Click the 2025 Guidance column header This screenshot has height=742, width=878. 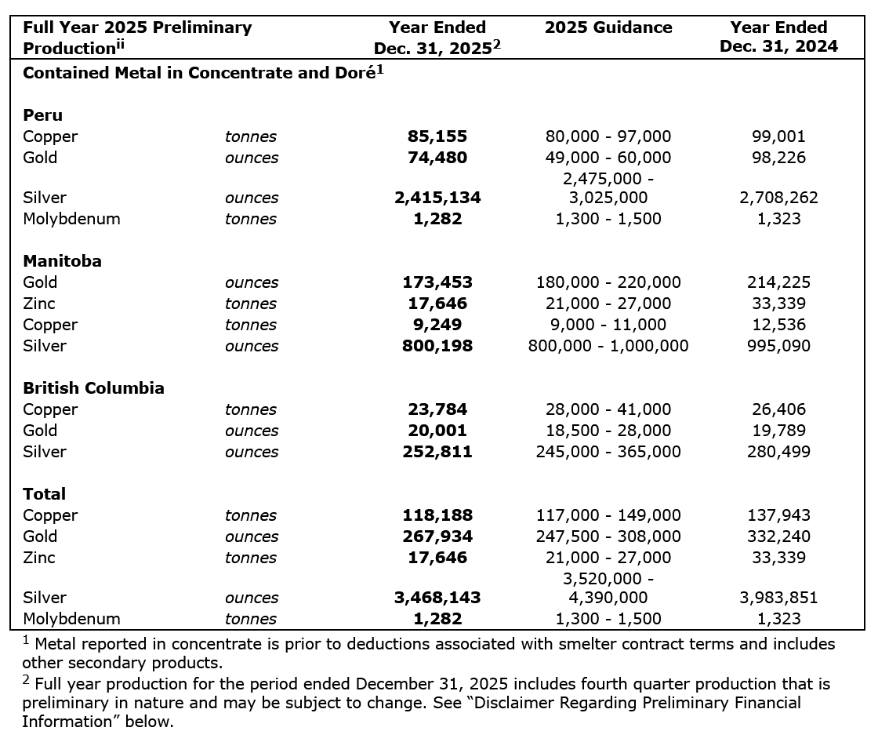coord(608,27)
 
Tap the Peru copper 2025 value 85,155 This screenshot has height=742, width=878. coord(437,136)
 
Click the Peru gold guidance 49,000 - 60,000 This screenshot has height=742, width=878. coord(608,158)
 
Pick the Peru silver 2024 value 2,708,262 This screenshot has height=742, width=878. coord(778,198)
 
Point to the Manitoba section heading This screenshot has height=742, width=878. coord(62,261)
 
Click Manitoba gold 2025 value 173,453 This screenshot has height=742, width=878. coord(437,282)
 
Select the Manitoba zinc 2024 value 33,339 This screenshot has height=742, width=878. coord(778,304)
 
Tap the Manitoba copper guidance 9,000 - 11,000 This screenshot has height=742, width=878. coord(608,325)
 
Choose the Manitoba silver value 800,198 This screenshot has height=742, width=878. coord(437,346)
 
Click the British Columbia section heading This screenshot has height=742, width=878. coord(93,388)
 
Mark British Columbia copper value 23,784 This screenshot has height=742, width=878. coord(437,409)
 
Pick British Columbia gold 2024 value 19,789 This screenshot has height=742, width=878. coord(778,431)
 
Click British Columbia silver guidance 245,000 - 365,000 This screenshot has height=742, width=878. coord(608,452)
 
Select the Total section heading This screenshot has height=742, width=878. coord(44,494)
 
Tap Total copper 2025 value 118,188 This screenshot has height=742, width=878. coord(437,515)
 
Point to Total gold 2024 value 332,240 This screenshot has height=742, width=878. coord(778,536)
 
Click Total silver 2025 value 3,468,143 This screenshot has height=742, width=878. coord(437,598)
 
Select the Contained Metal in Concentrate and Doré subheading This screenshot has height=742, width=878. coord(201,73)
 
